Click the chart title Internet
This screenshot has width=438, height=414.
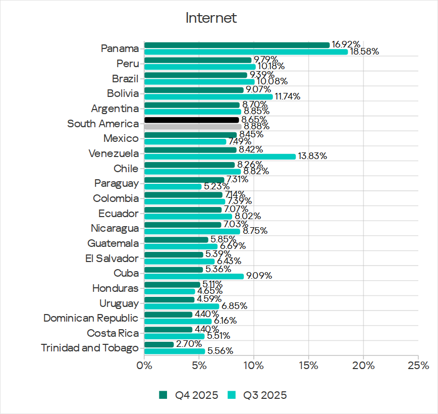tap(211, 18)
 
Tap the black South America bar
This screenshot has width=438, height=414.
tap(192, 120)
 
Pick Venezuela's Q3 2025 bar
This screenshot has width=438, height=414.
tap(220, 157)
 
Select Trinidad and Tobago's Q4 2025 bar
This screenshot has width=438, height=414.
tap(159, 344)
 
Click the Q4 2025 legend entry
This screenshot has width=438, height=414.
tap(189, 395)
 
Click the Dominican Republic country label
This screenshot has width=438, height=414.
tap(90, 318)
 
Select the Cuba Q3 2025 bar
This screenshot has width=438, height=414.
tap(194, 276)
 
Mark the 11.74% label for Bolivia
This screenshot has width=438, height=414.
tap(288, 96)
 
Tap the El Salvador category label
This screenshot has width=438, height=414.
tap(112, 258)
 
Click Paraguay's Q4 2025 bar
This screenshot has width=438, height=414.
tap(184, 180)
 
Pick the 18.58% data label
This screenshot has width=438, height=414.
tap(364, 51)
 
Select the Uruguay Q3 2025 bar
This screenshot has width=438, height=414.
tap(182, 306)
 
